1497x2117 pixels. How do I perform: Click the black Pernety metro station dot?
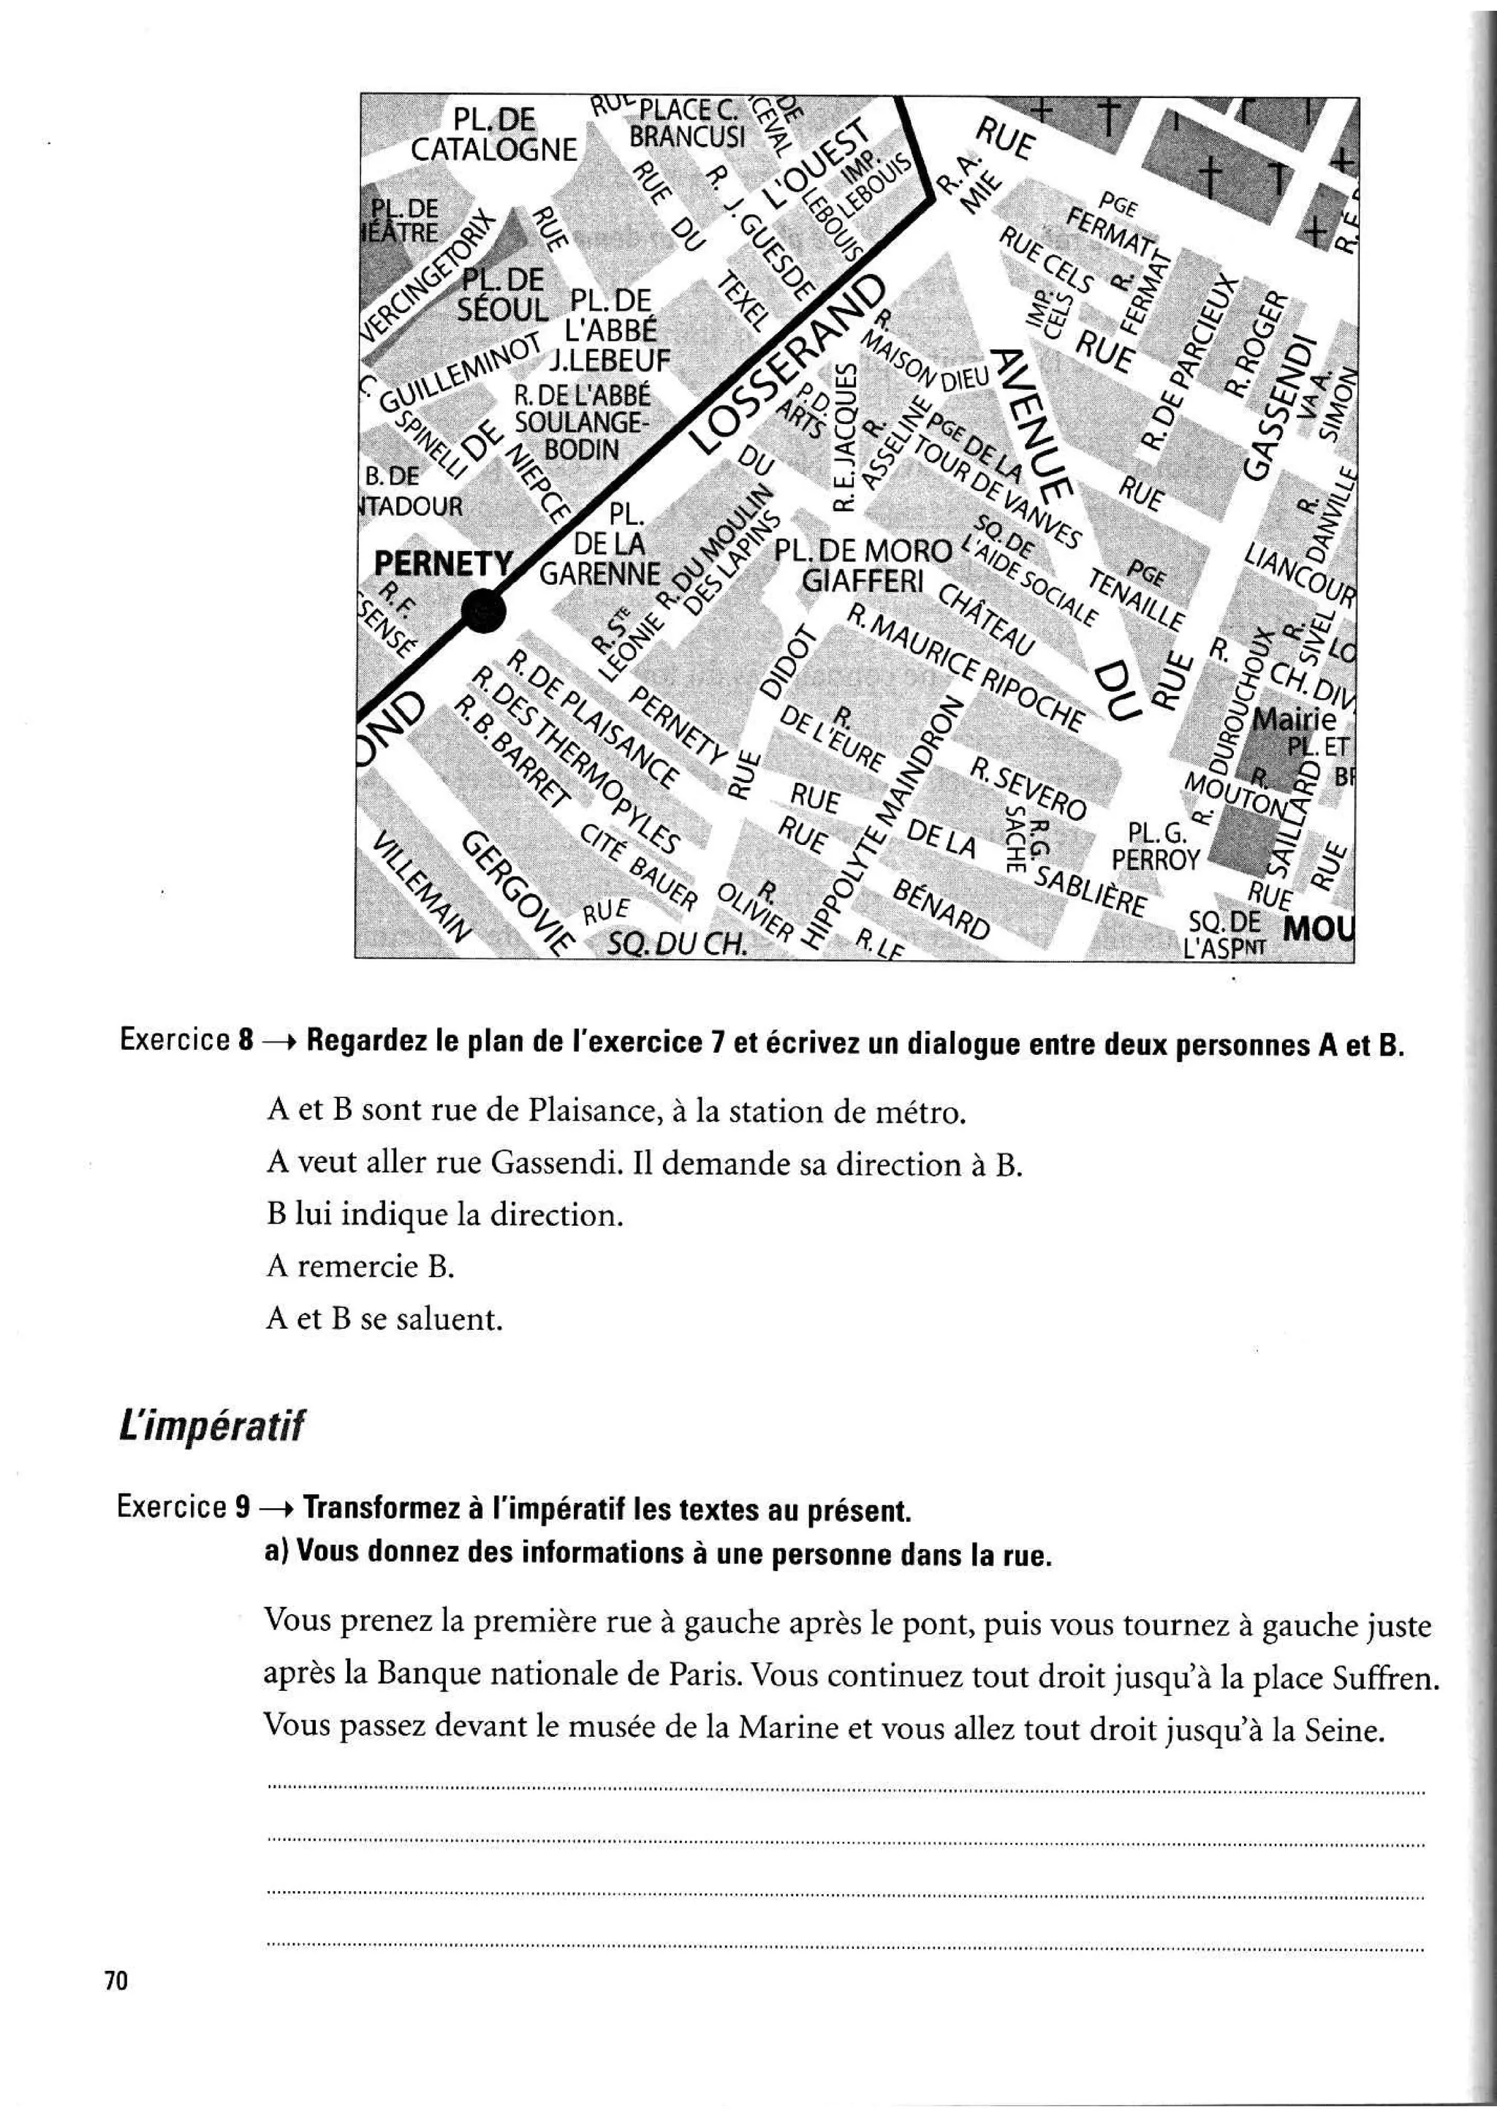483,610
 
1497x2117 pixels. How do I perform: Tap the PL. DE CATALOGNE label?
493,135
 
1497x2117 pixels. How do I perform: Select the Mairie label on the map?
1295,719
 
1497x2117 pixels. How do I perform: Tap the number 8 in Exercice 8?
245,1041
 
